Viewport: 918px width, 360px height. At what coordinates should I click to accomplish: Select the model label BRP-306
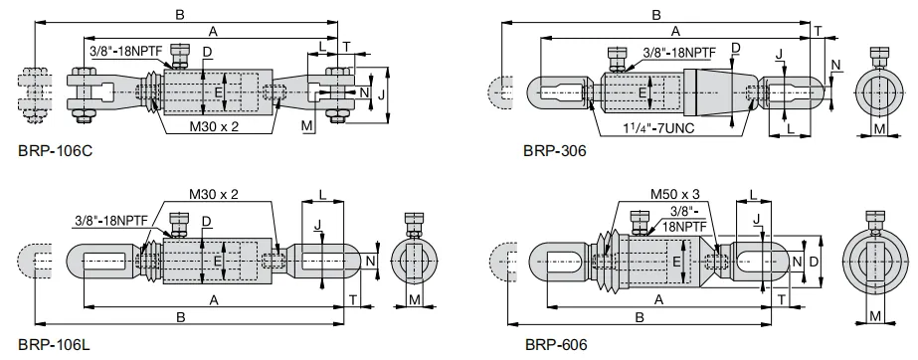[554, 152]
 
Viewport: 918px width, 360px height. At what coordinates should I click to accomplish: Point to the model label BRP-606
[555, 345]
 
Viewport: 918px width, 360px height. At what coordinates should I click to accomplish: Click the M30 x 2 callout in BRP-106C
[216, 128]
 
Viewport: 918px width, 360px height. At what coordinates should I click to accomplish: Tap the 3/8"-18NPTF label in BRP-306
[679, 51]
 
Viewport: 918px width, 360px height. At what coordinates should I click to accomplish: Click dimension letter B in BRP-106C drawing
[179, 14]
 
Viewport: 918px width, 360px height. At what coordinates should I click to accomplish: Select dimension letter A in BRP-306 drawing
[676, 31]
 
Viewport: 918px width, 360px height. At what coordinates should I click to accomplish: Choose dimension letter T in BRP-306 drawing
[818, 32]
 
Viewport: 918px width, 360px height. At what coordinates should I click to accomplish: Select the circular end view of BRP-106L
[416, 262]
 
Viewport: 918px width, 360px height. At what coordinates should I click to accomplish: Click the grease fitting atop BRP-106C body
[179, 53]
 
